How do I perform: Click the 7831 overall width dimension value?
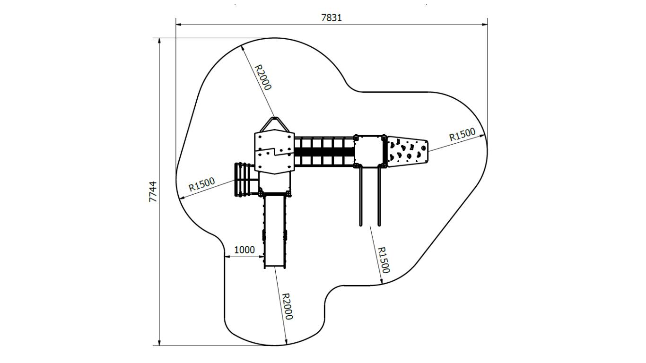(x=332, y=18)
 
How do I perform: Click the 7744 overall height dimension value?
(x=153, y=191)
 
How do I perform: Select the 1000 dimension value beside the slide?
(x=244, y=250)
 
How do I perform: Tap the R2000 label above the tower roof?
(x=263, y=77)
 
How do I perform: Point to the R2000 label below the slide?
(x=287, y=306)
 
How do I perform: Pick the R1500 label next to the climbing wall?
(x=463, y=134)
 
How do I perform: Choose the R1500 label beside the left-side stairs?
(x=201, y=184)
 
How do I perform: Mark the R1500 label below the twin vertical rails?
(x=384, y=259)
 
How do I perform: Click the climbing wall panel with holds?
(x=407, y=152)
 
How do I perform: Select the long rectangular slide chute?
(x=275, y=231)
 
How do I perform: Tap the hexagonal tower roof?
(x=275, y=152)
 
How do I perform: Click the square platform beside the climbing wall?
(x=370, y=151)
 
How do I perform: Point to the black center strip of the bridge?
(x=324, y=152)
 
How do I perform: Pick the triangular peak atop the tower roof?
(x=274, y=124)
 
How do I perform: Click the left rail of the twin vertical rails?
(x=360, y=197)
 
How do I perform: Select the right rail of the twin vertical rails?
(x=379, y=197)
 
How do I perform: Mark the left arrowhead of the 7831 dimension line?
(x=178, y=25)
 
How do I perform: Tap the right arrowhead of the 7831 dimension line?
(x=485, y=25)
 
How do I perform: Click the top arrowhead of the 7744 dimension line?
(x=159, y=41)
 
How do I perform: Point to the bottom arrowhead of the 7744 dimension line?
(x=159, y=343)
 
